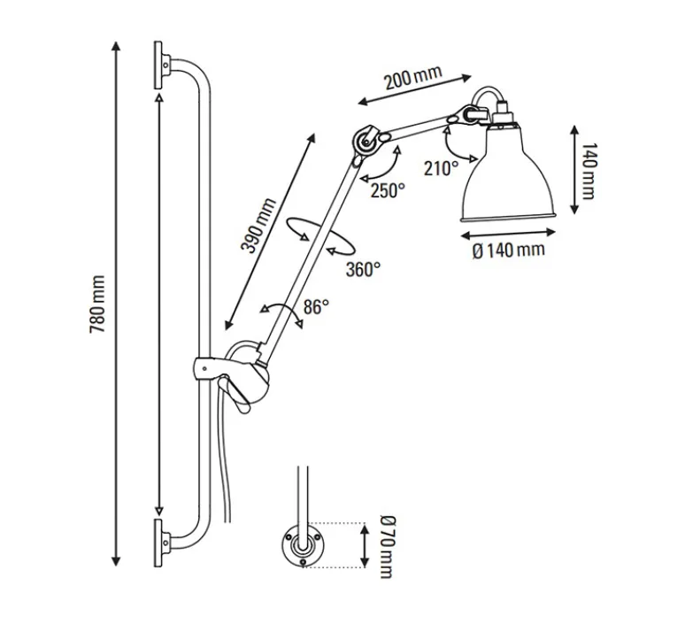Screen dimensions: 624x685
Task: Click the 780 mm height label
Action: pyautogui.click(x=98, y=303)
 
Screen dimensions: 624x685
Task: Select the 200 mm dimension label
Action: pyautogui.click(x=412, y=81)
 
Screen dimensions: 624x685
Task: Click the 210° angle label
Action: pyautogui.click(x=441, y=168)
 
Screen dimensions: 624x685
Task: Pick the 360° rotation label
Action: pyautogui.click(x=363, y=269)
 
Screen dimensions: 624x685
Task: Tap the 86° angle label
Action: pyautogui.click(x=316, y=306)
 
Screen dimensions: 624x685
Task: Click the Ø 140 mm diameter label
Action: pyautogui.click(x=509, y=250)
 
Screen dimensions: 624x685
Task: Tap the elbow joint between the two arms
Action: pyautogui.click(x=366, y=142)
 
